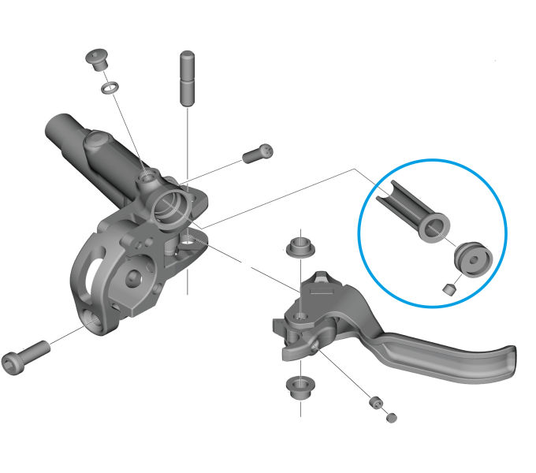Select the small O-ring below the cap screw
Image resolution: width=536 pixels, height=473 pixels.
110,85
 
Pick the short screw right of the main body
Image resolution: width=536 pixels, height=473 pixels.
257,153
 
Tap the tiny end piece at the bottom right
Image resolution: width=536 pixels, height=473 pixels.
392,418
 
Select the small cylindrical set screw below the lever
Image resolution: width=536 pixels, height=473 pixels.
375,404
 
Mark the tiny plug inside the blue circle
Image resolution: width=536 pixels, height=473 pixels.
449,289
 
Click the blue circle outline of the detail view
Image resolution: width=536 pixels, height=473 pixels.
433,162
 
